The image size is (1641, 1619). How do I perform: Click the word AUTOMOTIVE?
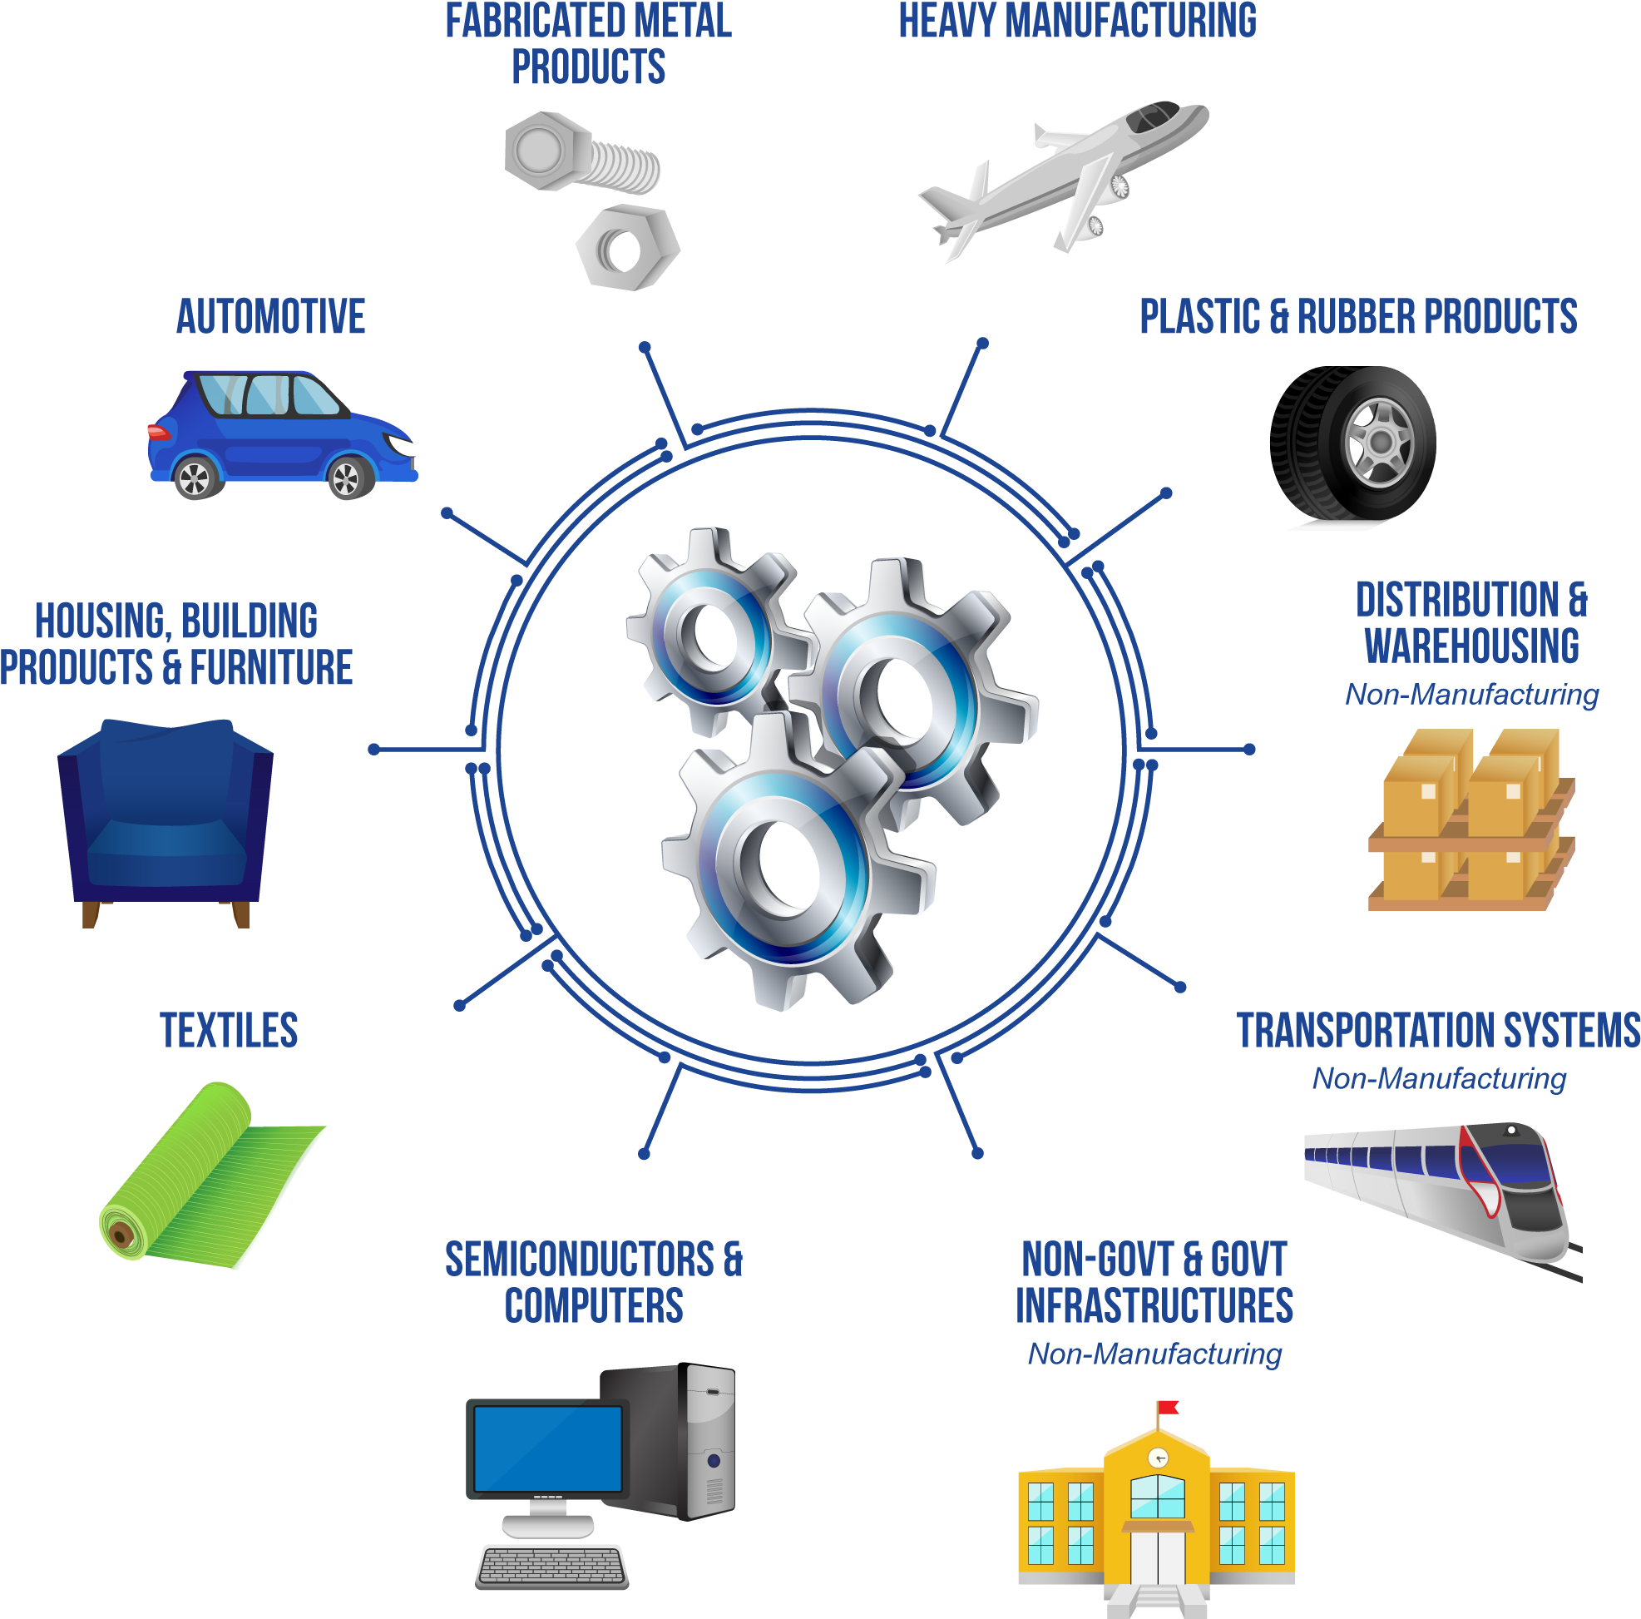tap(270, 317)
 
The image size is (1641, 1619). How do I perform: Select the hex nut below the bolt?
tap(628, 248)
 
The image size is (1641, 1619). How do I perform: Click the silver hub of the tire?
tap(1380, 443)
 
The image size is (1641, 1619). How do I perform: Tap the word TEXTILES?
tap(229, 1030)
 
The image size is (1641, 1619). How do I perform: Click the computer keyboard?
tap(552, 1567)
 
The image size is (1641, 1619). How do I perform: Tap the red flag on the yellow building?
tap(1168, 1408)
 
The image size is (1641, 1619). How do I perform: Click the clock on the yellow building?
tap(1158, 1458)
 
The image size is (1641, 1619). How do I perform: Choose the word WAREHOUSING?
tap(1472, 646)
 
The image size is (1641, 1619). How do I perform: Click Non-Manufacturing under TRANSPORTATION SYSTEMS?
tap(1439, 1079)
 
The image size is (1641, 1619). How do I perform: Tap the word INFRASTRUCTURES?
tap(1154, 1305)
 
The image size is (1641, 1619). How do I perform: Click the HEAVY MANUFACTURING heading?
tap(1078, 21)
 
